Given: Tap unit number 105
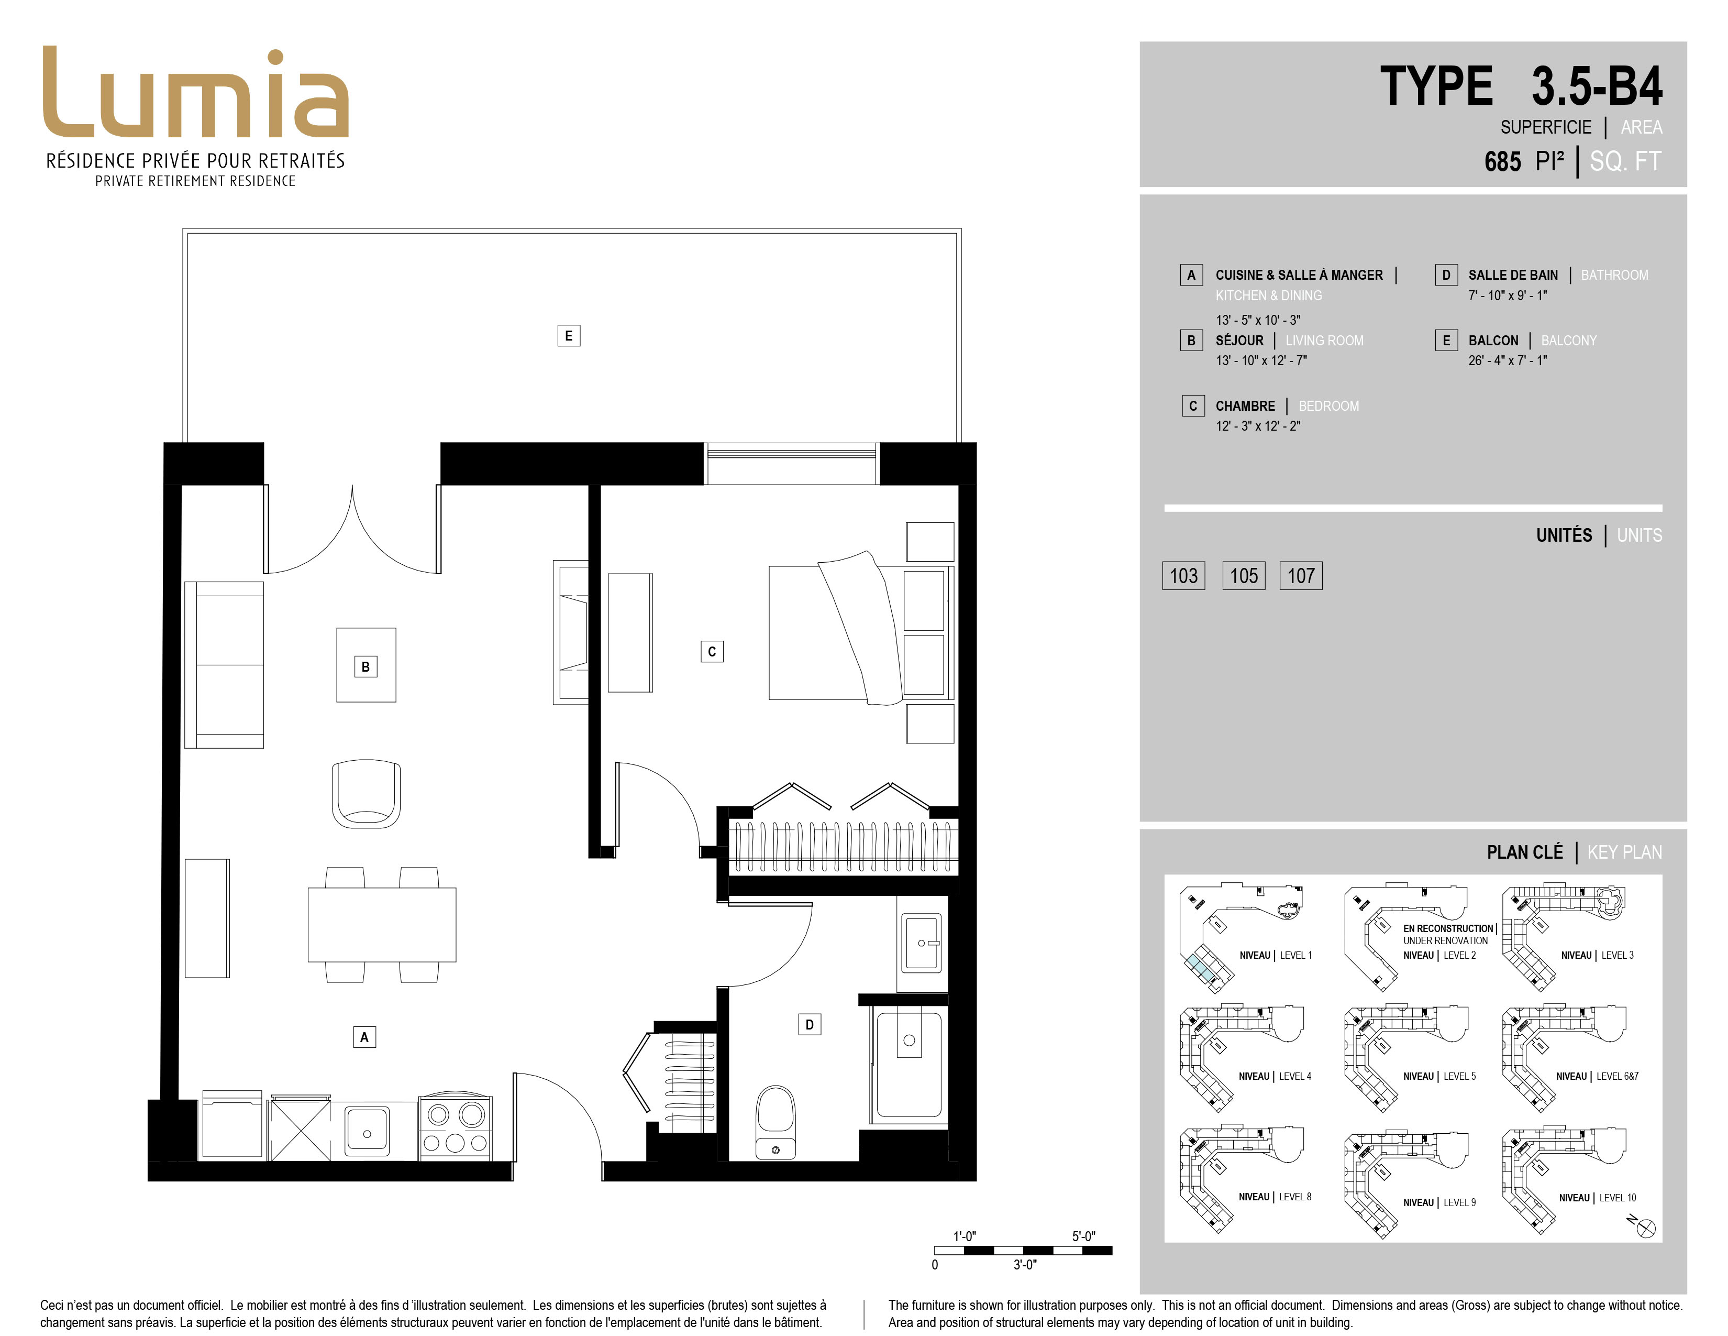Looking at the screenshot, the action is tap(1244, 575).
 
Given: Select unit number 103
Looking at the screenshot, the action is tap(1183, 575).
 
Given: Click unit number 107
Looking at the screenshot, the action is tap(1301, 575).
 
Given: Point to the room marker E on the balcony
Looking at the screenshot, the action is tap(568, 336).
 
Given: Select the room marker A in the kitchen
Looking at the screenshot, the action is tap(364, 1037).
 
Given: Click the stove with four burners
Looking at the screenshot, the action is tap(455, 1128).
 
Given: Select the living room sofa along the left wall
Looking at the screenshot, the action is tap(224, 665).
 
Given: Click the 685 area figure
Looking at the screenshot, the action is tap(1502, 161).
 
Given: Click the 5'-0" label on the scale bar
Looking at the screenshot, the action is tap(1084, 1236).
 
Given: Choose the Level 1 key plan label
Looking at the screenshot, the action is tap(1276, 955).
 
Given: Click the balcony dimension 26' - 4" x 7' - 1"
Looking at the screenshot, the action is tap(1507, 360).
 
